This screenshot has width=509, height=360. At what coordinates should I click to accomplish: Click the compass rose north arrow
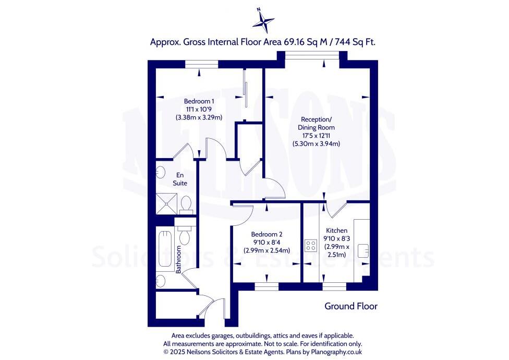click(x=263, y=20)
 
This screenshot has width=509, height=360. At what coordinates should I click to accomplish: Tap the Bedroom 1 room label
click(x=199, y=101)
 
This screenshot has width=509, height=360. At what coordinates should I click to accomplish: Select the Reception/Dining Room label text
click(x=316, y=123)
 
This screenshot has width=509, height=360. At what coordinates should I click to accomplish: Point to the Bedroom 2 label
click(x=266, y=234)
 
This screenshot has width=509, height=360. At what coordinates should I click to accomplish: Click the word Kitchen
click(x=336, y=231)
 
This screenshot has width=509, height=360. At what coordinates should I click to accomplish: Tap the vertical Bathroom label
click(x=178, y=259)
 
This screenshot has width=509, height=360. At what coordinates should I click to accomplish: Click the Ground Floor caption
click(x=351, y=306)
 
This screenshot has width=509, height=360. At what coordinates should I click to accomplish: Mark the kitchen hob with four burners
click(x=311, y=245)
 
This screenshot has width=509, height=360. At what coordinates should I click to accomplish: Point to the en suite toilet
click(x=186, y=205)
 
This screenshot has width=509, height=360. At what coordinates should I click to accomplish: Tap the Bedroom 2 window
click(x=266, y=285)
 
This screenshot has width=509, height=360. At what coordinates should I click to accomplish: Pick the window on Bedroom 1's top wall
click(x=201, y=64)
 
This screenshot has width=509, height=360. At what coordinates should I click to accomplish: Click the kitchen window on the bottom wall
click(x=334, y=285)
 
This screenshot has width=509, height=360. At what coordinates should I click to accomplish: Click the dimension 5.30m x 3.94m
click(x=316, y=143)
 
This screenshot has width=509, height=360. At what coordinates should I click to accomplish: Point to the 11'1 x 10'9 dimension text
click(x=199, y=109)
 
